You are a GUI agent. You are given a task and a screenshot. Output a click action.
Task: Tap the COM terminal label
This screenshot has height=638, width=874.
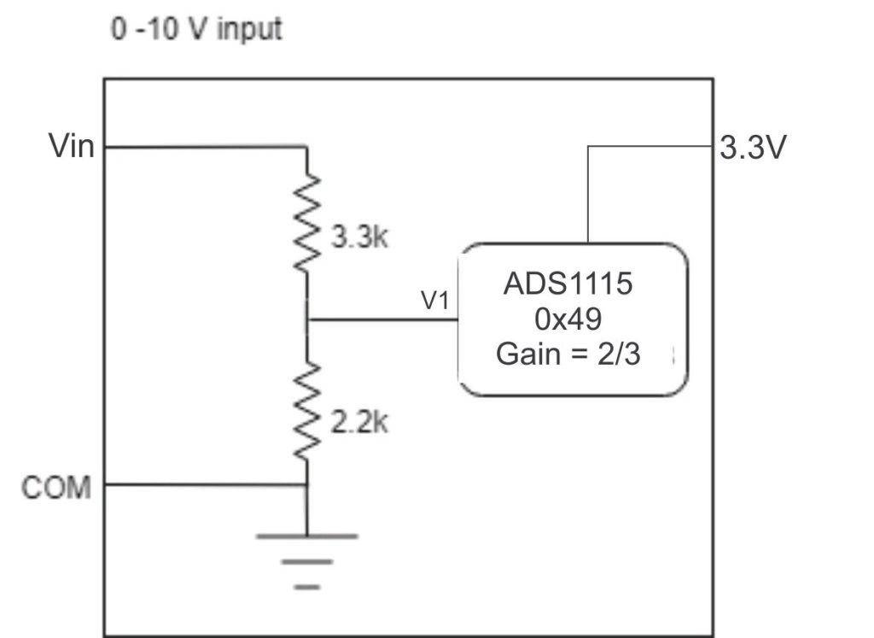[56, 488]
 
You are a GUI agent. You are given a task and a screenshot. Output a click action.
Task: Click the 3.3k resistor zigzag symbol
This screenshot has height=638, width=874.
[307, 223]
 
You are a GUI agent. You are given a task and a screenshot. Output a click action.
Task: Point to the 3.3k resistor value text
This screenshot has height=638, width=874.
[358, 237]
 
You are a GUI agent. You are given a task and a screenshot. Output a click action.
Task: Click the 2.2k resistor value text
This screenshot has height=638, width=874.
[358, 423]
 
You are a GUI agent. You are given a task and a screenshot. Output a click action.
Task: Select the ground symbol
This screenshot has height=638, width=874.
[307, 560]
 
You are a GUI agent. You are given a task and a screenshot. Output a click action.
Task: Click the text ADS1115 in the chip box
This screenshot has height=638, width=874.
[568, 284]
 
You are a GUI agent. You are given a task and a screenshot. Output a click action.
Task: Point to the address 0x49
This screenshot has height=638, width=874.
[568, 319]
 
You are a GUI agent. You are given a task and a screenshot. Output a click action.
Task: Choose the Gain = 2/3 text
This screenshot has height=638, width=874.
[568, 354]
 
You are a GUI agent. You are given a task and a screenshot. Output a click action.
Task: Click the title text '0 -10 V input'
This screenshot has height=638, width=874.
[197, 30]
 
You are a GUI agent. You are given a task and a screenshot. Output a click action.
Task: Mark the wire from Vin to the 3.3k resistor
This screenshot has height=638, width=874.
[205, 147]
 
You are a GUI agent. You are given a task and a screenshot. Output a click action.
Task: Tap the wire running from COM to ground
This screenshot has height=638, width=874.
[205, 485]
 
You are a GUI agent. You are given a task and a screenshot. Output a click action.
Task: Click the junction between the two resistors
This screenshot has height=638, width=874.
[307, 320]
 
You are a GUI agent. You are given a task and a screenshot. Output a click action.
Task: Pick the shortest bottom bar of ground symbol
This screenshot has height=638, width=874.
[307, 587]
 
